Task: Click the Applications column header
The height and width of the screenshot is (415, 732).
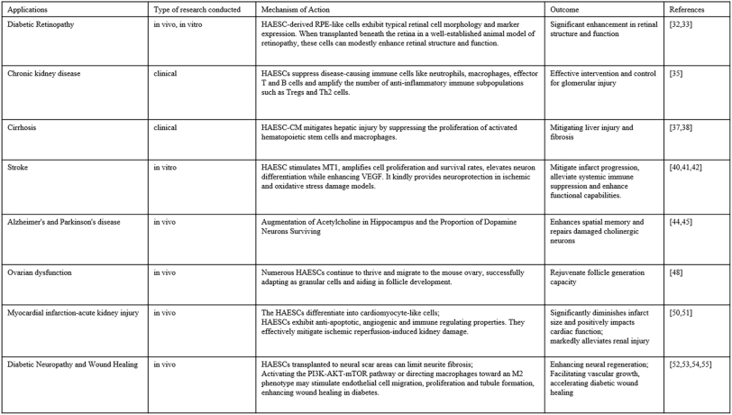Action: [27, 8]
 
